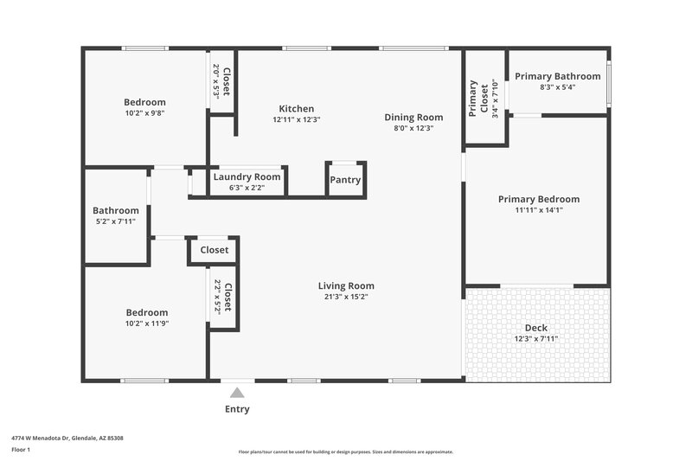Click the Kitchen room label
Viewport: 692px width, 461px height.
click(x=296, y=109)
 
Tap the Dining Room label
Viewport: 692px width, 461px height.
click(x=413, y=117)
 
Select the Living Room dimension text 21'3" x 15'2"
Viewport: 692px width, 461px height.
click(x=346, y=298)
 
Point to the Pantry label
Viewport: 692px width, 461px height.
click(x=345, y=180)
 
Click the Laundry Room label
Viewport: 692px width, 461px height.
click(x=247, y=176)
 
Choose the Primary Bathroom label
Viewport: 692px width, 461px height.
click(x=557, y=76)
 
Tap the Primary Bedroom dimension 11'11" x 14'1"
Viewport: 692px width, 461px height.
click(x=538, y=209)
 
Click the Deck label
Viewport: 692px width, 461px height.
click(x=536, y=328)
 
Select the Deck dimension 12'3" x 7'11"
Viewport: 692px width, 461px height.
click(x=536, y=338)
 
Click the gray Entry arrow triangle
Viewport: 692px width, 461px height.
click(x=237, y=393)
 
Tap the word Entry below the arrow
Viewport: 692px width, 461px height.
click(x=237, y=409)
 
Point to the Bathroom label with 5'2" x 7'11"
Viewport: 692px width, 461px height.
click(x=116, y=210)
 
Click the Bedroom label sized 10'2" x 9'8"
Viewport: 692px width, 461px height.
click(x=144, y=102)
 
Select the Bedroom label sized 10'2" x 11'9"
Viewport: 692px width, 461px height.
click(x=147, y=312)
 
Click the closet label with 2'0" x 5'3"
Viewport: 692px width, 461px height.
click(x=227, y=82)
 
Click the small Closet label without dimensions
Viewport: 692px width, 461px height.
click(x=215, y=250)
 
